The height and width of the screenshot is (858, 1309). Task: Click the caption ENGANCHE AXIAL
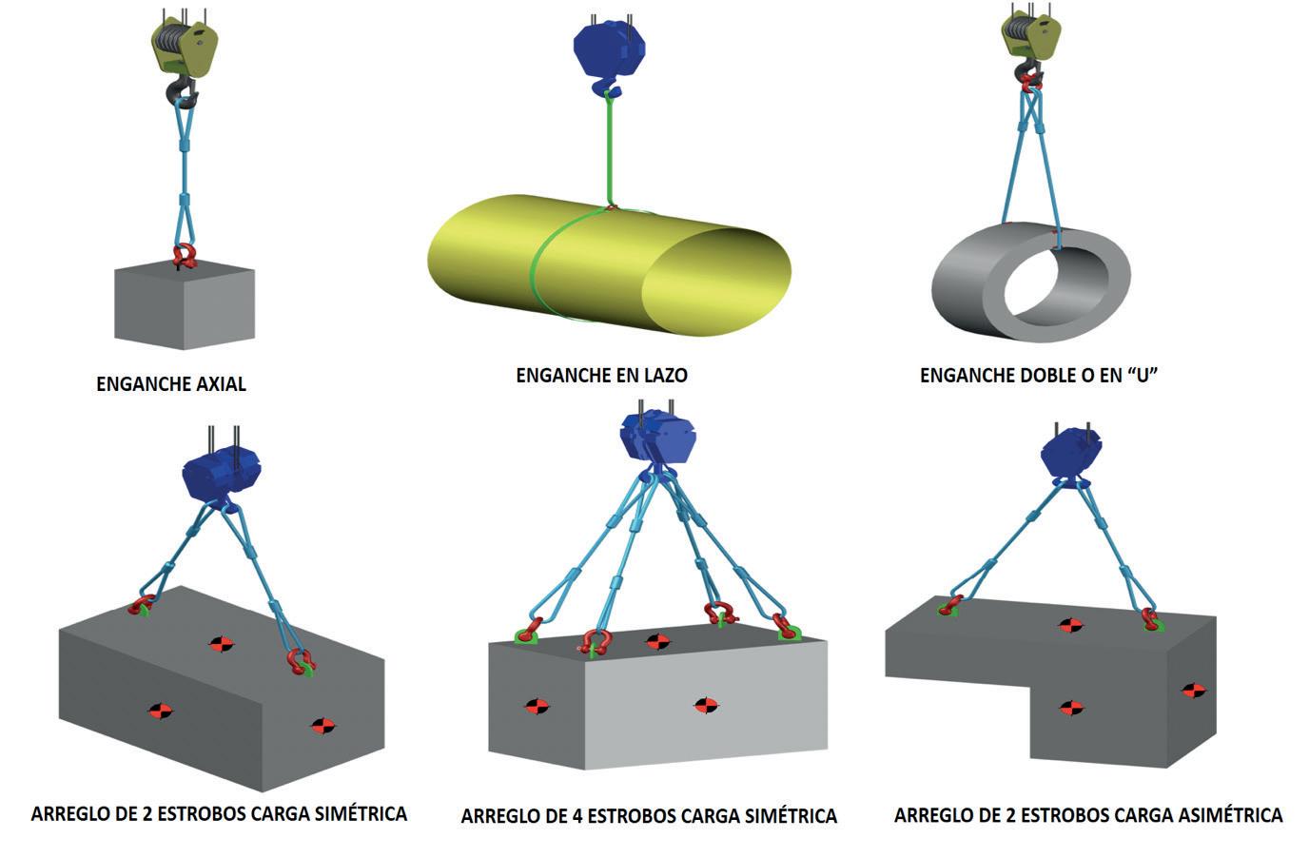click(171, 384)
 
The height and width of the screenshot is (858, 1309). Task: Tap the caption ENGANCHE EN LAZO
click(601, 376)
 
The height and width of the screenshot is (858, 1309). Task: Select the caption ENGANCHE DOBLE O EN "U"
click(1038, 376)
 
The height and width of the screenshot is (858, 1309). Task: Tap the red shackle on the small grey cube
click(186, 255)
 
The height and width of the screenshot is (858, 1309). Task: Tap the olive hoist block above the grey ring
click(1030, 39)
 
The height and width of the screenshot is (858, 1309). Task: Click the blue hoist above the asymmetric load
click(1072, 455)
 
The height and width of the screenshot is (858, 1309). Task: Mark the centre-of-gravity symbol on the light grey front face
click(705, 705)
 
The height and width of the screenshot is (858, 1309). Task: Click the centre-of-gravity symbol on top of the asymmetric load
click(1071, 625)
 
